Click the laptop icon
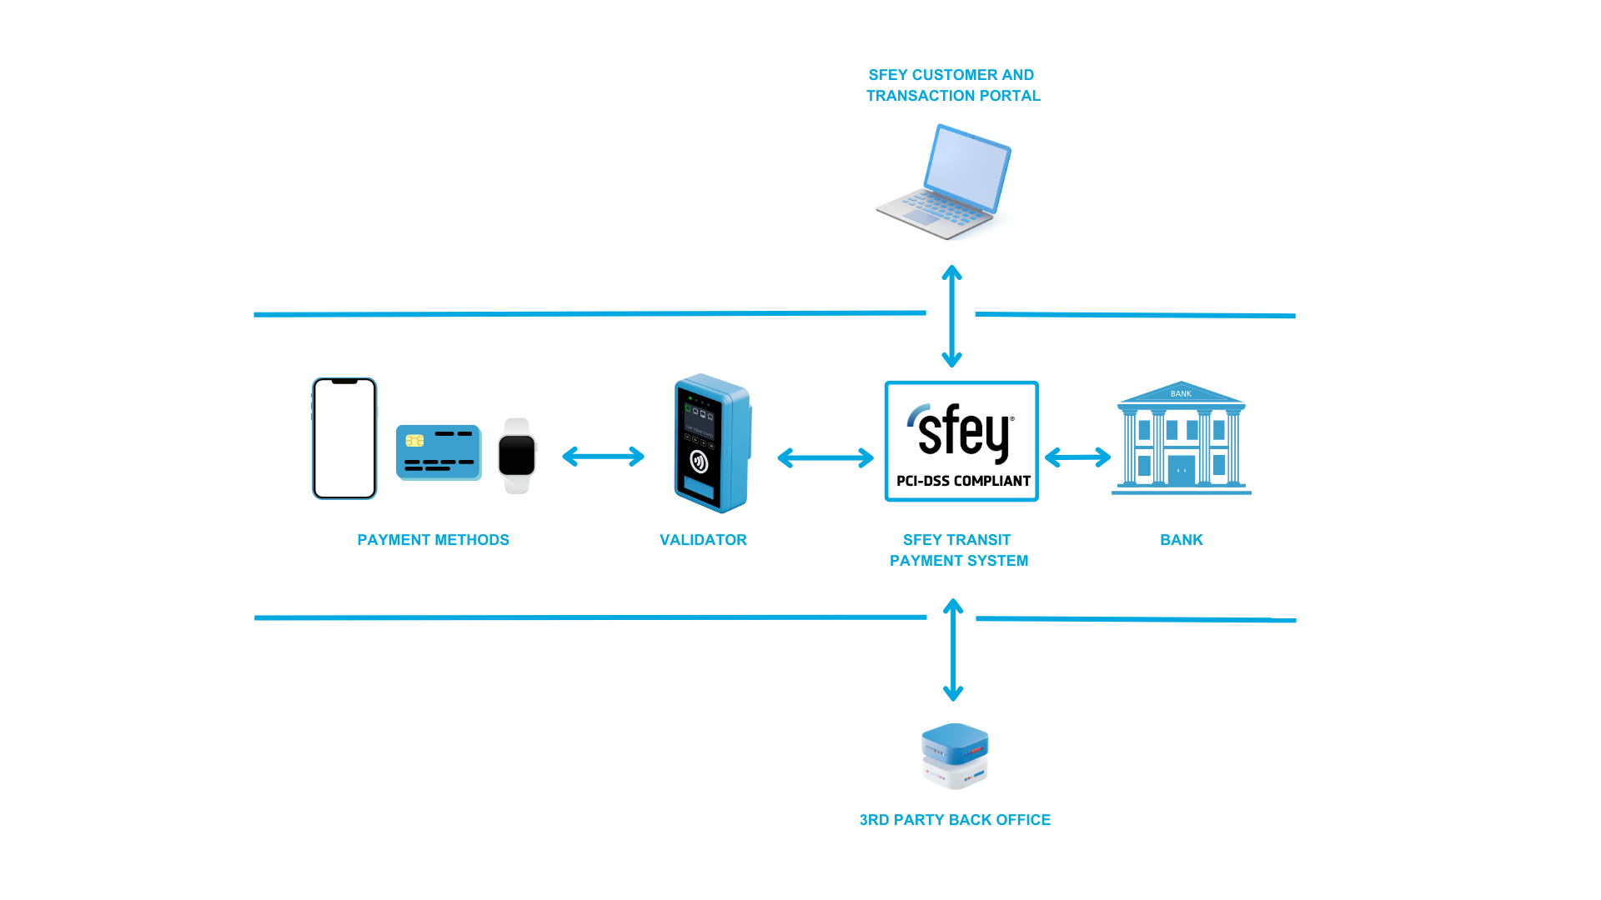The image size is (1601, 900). pyautogui.click(x=944, y=182)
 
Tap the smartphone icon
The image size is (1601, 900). pyautogui.click(x=344, y=438)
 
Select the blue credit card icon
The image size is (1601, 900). pyautogui.click(x=439, y=452)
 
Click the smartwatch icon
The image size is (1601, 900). pyautogui.click(x=517, y=456)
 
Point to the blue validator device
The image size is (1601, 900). pyautogui.click(x=713, y=443)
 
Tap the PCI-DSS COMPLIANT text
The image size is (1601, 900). pyautogui.click(x=963, y=481)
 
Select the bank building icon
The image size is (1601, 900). pyautogui.click(x=1182, y=438)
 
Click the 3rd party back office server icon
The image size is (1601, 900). pyautogui.click(x=955, y=756)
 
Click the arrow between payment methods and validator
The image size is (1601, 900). pyautogui.click(x=604, y=457)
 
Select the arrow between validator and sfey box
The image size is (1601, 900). pyautogui.click(x=826, y=457)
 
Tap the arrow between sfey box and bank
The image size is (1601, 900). pyautogui.click(x=1077, y=457)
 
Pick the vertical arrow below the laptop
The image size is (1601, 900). pyautogui.click(x=951, y=317)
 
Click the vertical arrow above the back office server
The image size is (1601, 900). pyautogui.click(x=953, y=650)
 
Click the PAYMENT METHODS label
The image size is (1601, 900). pyautogui.click(x=434, y=540)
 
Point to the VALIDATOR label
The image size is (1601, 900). pyautogui.click(x=703, y=540)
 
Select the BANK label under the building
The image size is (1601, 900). pyautogui.click(x=1182, y=540)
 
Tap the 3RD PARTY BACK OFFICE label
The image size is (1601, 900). pyautogui.click(x=955, y=820)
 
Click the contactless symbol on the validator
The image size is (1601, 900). pyautogui.click(x=699, y=461)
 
